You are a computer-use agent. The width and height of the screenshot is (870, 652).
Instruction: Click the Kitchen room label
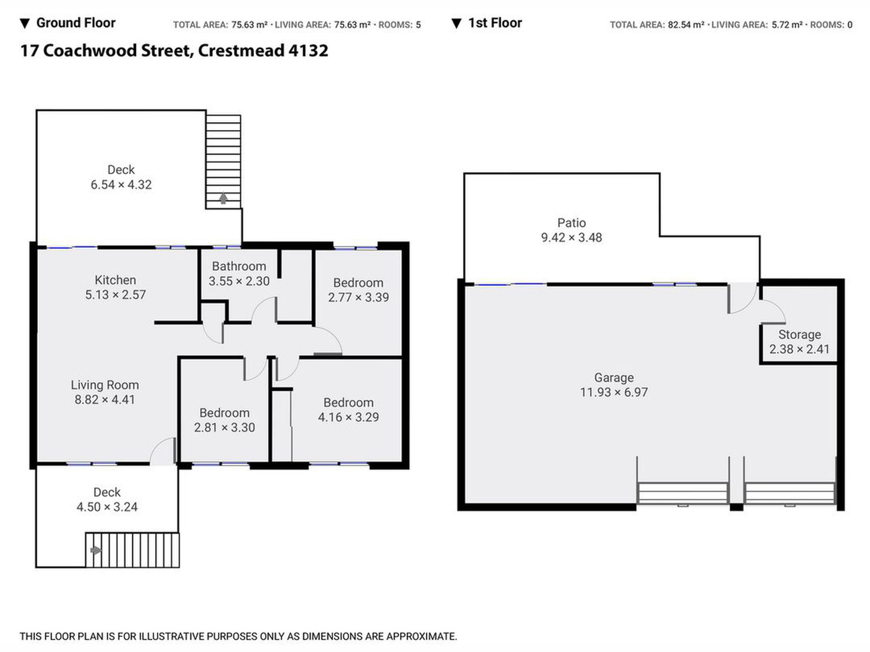tap(115, 280)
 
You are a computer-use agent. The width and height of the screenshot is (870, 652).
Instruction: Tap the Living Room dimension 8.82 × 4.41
tap(105, 400)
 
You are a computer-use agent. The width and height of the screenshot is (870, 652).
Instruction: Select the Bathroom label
tap(239, 266)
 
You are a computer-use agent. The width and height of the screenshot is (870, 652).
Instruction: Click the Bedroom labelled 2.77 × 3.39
tap(358, 283)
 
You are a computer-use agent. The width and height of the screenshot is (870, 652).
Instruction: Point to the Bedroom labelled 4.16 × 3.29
tap(348, 403)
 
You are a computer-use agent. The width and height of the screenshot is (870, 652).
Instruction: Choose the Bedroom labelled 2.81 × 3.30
tap(224, 413)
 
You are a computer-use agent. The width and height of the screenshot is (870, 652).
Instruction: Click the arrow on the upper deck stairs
tap(223, 198)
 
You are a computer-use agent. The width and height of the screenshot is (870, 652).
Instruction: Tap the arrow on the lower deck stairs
tap(96, 550)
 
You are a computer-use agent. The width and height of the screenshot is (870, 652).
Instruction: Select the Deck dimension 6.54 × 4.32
tap(121, 185)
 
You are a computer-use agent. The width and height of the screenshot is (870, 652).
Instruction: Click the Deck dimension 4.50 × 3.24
tap(107, 507)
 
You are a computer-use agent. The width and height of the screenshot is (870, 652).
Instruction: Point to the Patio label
tap(571, 223)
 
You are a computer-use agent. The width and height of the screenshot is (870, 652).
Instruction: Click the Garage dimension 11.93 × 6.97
tap(614, 393)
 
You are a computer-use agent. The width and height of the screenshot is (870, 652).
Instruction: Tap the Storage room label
tap(799, 334)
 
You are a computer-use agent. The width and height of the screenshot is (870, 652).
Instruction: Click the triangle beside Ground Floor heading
tap(25, 23)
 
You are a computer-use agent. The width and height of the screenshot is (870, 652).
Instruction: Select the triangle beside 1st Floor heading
tap(457, 23)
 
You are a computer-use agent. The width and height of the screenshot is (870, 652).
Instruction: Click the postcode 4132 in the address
tap(308, 50)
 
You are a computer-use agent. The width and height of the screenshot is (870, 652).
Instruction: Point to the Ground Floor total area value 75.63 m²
tap(249, 25)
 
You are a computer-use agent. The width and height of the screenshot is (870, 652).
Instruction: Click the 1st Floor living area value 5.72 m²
tap(787, 25)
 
